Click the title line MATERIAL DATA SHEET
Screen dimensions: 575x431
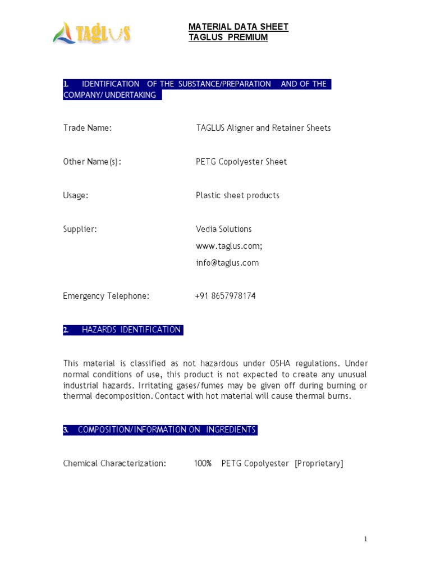pos(238,27)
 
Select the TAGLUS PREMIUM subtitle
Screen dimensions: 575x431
pos(228,38)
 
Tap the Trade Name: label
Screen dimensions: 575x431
pos(88,128)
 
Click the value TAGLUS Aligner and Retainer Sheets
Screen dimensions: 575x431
pos(263,128)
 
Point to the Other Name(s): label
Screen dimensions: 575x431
pos(92,162)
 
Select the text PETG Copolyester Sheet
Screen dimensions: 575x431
pos(241,162)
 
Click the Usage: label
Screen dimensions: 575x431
pos(76,195)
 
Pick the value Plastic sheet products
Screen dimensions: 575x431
pos(237,195)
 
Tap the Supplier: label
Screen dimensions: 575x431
pos(80,229)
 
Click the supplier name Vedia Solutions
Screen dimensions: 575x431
pos(223,229)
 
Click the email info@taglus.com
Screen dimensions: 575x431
pos(227,263)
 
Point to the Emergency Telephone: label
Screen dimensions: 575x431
pos(106,296)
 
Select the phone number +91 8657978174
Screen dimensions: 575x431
pos(226,296)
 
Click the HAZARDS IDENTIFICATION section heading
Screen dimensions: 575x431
pos(131,330)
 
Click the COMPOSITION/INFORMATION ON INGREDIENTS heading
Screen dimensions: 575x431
pos(166,430)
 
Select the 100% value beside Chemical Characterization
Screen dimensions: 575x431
pos(203,463)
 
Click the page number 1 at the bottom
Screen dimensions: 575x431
pos(365,539)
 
